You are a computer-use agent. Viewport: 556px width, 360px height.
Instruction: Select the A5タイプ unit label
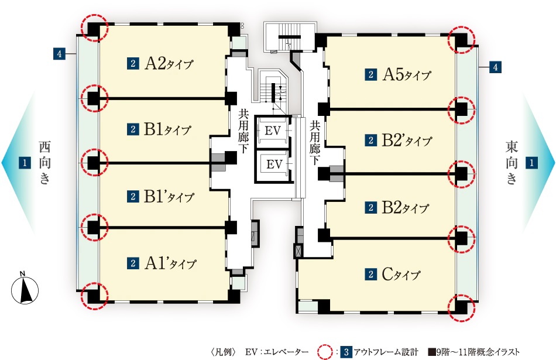pos(406,75)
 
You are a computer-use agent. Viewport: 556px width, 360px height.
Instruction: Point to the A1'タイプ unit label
pos(170,263)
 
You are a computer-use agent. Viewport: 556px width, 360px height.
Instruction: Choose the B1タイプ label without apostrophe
pos(167,129)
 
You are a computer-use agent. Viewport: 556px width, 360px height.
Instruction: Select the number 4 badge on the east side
pos(495,67)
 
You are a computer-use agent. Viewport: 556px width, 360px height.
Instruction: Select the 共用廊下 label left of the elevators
pos(243,132)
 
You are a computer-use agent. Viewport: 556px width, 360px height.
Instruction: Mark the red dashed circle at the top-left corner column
pos(92,28)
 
